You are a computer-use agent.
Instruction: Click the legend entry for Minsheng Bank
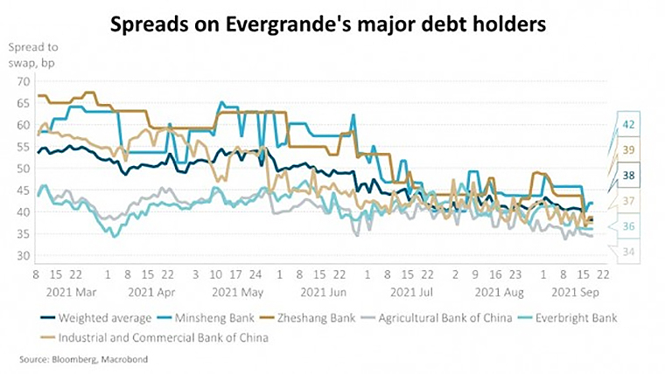point(206,318)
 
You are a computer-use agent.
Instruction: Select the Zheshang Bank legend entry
point(307,318)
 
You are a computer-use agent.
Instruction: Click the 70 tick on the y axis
point(21,80)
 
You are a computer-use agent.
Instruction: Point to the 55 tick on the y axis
point(21,146)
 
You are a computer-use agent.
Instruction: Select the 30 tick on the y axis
point(21,255)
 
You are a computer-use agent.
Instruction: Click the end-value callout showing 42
point(628,124)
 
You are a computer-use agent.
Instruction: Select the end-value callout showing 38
point(628,176)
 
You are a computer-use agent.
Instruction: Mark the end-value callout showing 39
point(628,150)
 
